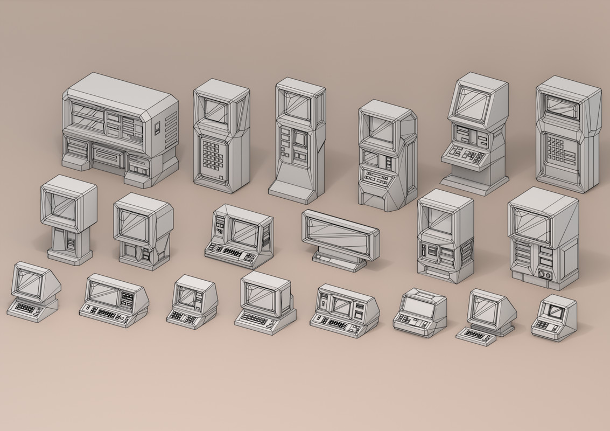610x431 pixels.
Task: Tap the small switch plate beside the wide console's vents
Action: point(157,128)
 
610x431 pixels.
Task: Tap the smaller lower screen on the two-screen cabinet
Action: point(370,158)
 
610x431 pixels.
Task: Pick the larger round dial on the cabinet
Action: point(541,274)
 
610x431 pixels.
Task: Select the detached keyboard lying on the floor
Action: point(476,336)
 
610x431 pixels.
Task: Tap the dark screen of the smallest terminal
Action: point(553,310)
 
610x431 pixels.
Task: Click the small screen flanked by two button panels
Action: point(342,305)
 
